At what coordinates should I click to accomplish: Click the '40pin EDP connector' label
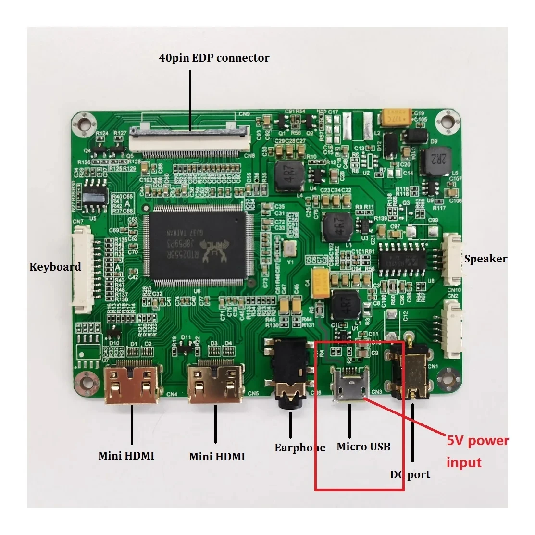[214, 58]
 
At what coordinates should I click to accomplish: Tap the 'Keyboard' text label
[55, 267]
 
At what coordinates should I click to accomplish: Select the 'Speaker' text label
[485, 259]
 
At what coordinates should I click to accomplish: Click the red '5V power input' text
[477, 451]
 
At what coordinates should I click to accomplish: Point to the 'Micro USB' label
[363, 447]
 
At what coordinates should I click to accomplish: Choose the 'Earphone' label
[300, 448]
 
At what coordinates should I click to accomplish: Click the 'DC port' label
[410, 474]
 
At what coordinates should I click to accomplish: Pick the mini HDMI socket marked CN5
[216, 384]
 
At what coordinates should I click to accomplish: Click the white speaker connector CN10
[452, 260]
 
